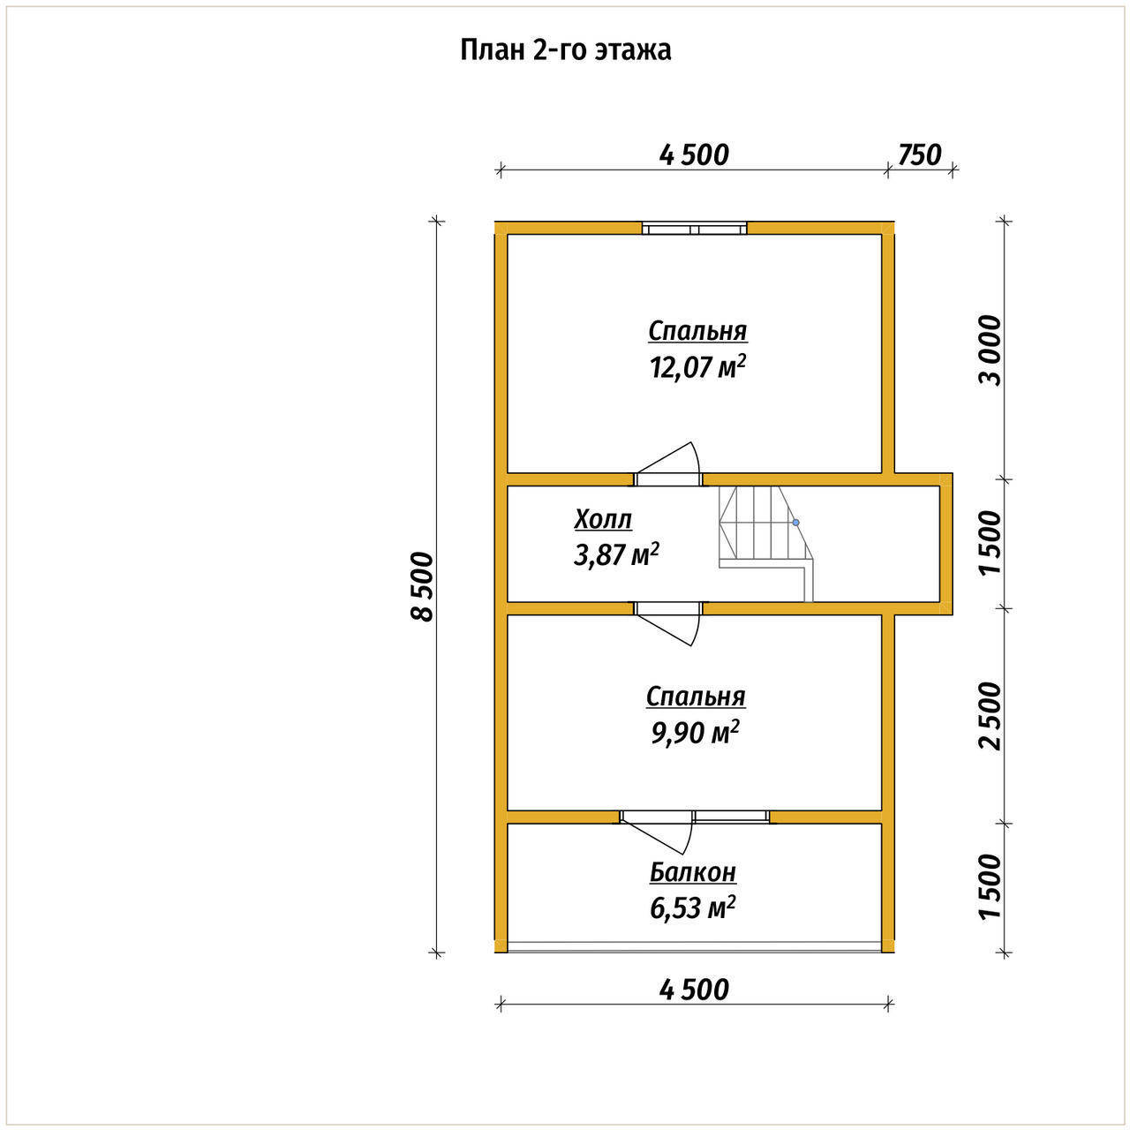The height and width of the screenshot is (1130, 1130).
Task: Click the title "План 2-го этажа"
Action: tap(565, 51)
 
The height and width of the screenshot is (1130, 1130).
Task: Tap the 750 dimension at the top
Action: tap(920, 155)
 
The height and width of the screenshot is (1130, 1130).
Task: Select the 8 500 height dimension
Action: tap(422, 586)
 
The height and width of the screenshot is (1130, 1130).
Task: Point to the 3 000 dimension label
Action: tap(991, 350)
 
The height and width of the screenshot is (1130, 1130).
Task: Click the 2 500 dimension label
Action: tap(991, 716)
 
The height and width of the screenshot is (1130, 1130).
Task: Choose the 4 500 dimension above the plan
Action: tap(694, 155)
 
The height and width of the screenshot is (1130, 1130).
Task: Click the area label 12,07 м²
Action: tap(697, 367)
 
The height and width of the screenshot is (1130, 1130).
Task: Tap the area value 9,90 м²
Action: tap(696, 733)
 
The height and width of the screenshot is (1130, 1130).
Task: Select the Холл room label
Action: tap(603, 520)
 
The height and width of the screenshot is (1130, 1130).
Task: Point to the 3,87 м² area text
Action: tap(616, 554)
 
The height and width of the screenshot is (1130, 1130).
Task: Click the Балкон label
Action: tap(692, 872)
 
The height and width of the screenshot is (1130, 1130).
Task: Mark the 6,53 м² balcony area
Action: tap(692, 908)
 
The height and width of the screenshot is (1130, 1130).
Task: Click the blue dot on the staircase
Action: tap(795, 522)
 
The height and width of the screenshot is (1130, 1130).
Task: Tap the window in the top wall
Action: tap(694, 228)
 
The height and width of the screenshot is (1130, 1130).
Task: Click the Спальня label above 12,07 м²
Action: tap(697, 331)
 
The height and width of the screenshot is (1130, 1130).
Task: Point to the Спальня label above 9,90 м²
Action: tap(696, 697)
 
